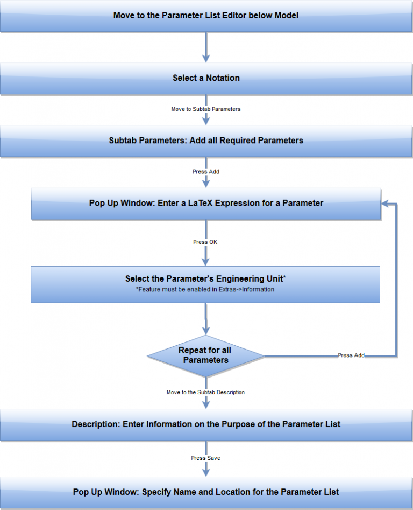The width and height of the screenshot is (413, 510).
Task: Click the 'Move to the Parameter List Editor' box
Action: tap(206, 16)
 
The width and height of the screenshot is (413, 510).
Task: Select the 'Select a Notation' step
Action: tap(206, 78)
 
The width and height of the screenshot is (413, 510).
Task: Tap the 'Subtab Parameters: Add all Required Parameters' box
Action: tap(206, 141)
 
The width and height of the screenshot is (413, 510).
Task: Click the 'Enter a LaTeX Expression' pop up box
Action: tap(206, 204)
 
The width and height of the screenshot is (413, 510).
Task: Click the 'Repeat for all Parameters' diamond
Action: tap(205, 355)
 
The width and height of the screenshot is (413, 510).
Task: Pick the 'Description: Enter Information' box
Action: tap(206, 424)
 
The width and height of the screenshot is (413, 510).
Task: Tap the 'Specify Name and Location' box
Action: tap(206, 492)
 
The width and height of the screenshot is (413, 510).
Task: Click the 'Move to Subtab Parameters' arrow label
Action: tap(206, 109)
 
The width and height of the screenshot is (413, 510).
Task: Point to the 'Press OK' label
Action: tap(205, 242)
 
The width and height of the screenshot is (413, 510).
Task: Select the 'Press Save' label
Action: tap(205, 458)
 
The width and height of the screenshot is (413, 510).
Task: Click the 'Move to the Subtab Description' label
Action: tap(205, 393)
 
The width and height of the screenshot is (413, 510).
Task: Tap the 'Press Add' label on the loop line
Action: tap(351, 355)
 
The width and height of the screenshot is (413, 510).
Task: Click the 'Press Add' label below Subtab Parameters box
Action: tap(206, 172)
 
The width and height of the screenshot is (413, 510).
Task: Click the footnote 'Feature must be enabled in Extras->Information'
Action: tap(205, 289)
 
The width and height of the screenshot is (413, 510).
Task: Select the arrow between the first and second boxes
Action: tap(206, 47)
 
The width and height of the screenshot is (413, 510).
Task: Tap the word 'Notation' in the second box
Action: tap(223, 78)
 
